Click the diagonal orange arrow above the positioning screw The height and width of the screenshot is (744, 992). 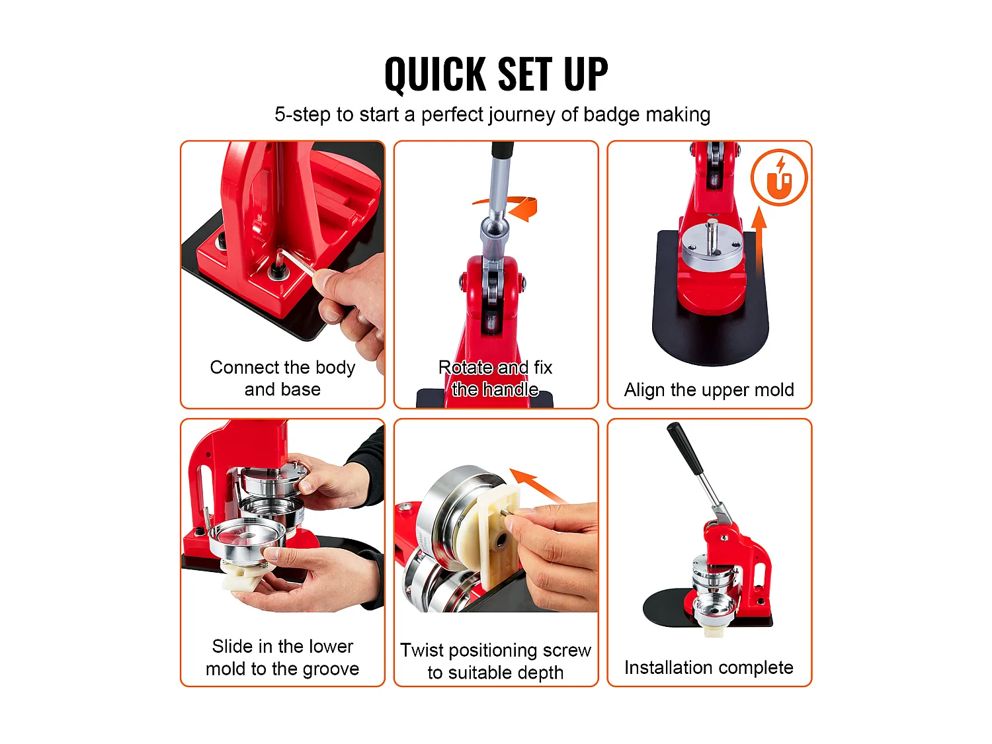click(x=538, y=485)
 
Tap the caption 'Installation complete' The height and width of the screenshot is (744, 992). click(x=709, y=667)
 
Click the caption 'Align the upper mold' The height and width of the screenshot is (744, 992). click(x=709, y=390)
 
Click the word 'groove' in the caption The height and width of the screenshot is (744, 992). click(x=331, y=669)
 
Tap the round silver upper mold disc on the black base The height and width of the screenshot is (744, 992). click(x=712, y=243)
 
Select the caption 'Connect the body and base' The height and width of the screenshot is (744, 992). click(x=282, y=378)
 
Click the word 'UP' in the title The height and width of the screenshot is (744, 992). click(x=586, y=74)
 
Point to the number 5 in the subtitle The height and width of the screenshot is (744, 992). click(x=280, y=114)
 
